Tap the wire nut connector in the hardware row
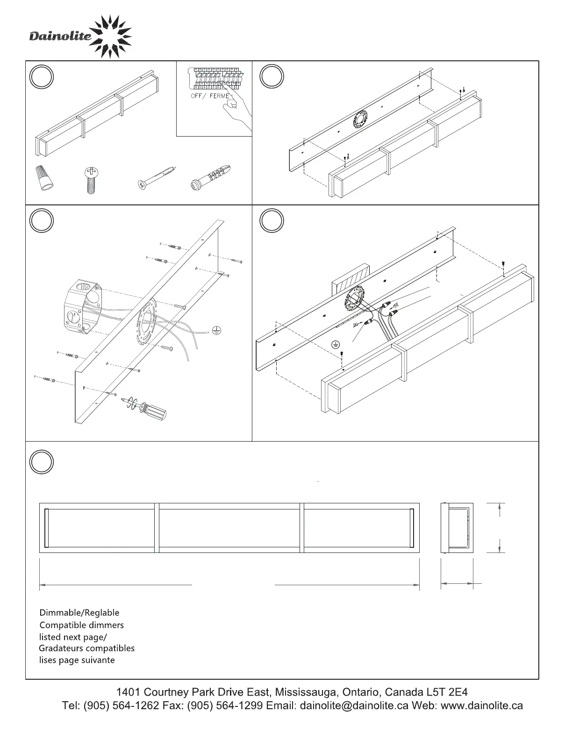point(44,178)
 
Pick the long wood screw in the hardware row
point(157,178)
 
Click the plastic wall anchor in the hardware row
point(211,178)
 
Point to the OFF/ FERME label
point(210,96)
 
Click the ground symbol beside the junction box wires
point(217,330)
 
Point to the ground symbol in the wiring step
point(336,344)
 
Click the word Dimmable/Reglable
point(79,613)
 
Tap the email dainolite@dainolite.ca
point(354,705)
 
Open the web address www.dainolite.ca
point(482,705)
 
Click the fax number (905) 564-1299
point(225,705)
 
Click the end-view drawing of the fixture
point(457,528)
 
